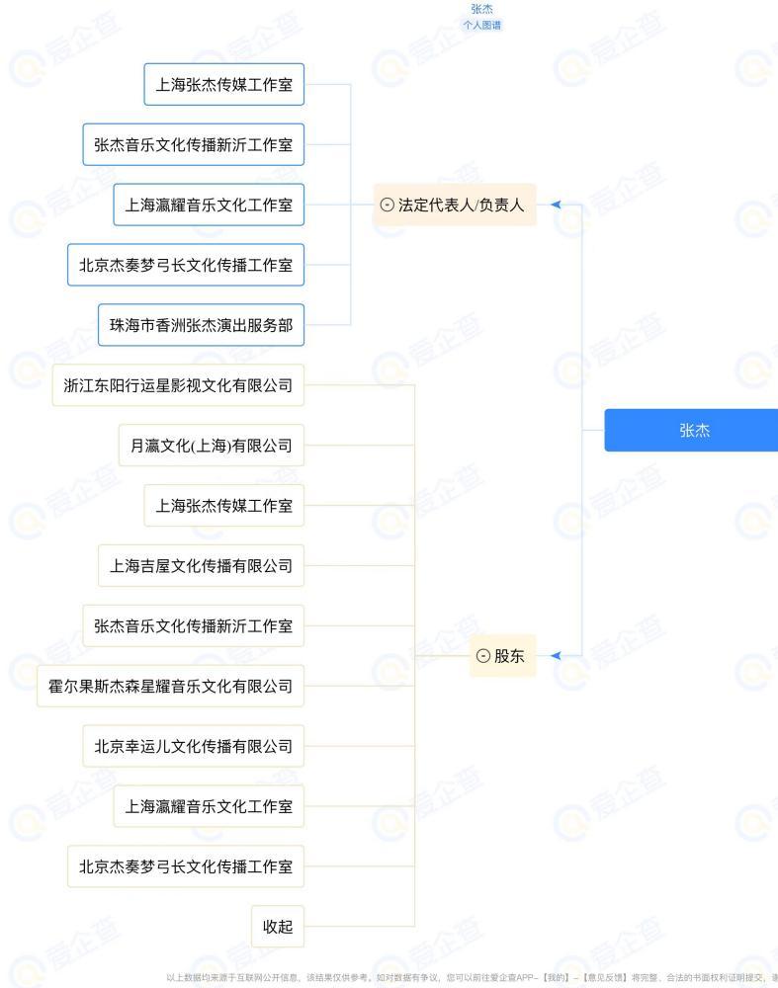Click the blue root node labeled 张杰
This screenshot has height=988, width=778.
[x=692, y=430]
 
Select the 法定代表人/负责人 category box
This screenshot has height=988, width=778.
[x=455, y=205]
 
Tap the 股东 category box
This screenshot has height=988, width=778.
[x=502, y=656]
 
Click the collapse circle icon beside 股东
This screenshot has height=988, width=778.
[x=483, y=656]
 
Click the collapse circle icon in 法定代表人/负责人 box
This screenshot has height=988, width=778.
[x=388, y=205]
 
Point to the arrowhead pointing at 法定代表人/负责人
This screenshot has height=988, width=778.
[x=556, y=205]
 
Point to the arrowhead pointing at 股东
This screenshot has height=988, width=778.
[x=556, y=655]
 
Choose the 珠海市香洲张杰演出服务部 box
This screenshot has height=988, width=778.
[x=201, y=325]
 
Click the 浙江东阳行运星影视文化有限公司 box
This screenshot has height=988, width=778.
[x=178, y=385]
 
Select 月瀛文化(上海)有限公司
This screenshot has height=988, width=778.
[x=212, y=446]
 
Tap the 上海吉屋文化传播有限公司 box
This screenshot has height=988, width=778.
[x=201, y=566]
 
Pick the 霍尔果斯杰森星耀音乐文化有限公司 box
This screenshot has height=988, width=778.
[x=170, y=687]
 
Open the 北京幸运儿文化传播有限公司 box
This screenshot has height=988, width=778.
[x=194, y=746]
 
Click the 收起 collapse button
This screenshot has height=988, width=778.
[x=278, y=927]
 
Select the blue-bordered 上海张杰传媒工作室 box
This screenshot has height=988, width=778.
[x=223, y=84]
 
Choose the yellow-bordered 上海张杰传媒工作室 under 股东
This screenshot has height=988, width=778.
[x=223, y=505]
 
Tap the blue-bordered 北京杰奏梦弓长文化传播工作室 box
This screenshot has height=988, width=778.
[x=186, y=265]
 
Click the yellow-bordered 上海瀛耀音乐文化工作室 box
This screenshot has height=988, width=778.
[x=209, y=806]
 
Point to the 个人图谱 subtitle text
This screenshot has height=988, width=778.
[x=481, y=26]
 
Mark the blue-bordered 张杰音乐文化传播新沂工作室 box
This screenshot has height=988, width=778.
[x=194, y=144]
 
